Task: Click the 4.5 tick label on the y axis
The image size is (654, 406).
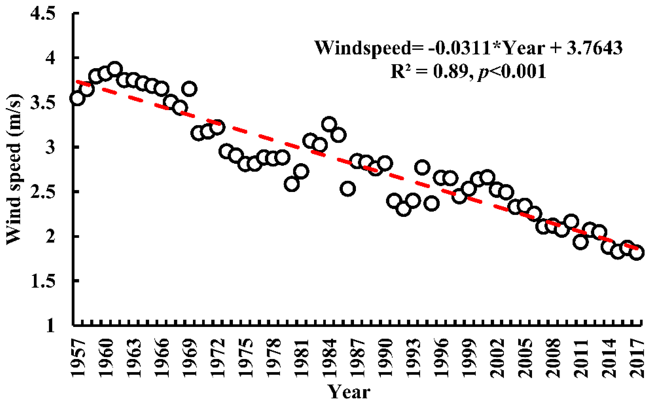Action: point(42,14)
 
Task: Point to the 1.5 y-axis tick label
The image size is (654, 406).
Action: point(42,281)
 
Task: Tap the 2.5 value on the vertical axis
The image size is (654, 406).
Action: point(42,192)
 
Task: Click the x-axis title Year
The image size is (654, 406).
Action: point(349,392)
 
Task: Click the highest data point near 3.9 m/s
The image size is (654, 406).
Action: point(115,69)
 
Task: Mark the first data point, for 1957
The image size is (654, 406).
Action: point(78,98)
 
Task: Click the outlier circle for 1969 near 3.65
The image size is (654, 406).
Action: point(189,89)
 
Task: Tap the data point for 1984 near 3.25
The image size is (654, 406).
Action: point(329,124)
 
